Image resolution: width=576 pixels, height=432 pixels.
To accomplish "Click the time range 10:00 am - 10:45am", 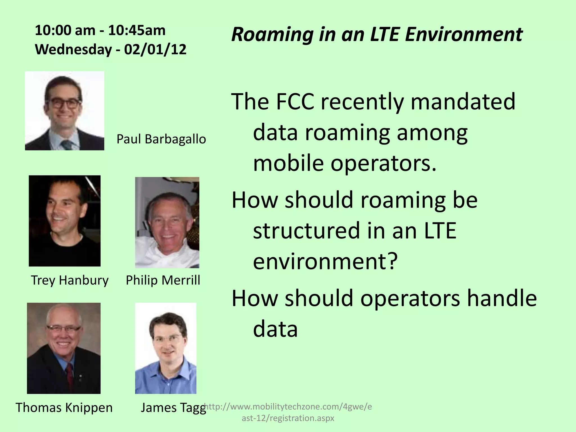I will click(100, 30).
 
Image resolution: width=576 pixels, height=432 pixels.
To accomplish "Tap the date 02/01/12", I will click(155, 49).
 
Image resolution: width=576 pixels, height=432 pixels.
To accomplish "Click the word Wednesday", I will click(73, 49).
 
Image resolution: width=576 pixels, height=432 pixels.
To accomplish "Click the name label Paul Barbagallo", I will click(161, 139).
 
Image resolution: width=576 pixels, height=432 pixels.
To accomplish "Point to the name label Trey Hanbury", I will click(69, 280).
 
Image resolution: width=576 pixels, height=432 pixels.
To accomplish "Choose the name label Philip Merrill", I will click(163, 280).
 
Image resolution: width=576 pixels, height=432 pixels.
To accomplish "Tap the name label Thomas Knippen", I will click(64, 408).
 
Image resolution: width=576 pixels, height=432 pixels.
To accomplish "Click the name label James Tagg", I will click(173, 408).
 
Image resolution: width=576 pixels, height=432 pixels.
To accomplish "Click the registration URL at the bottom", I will click(288, 412).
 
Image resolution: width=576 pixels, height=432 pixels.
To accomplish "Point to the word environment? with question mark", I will click(325, 261).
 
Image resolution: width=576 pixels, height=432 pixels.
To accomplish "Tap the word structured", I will click(306, 230).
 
